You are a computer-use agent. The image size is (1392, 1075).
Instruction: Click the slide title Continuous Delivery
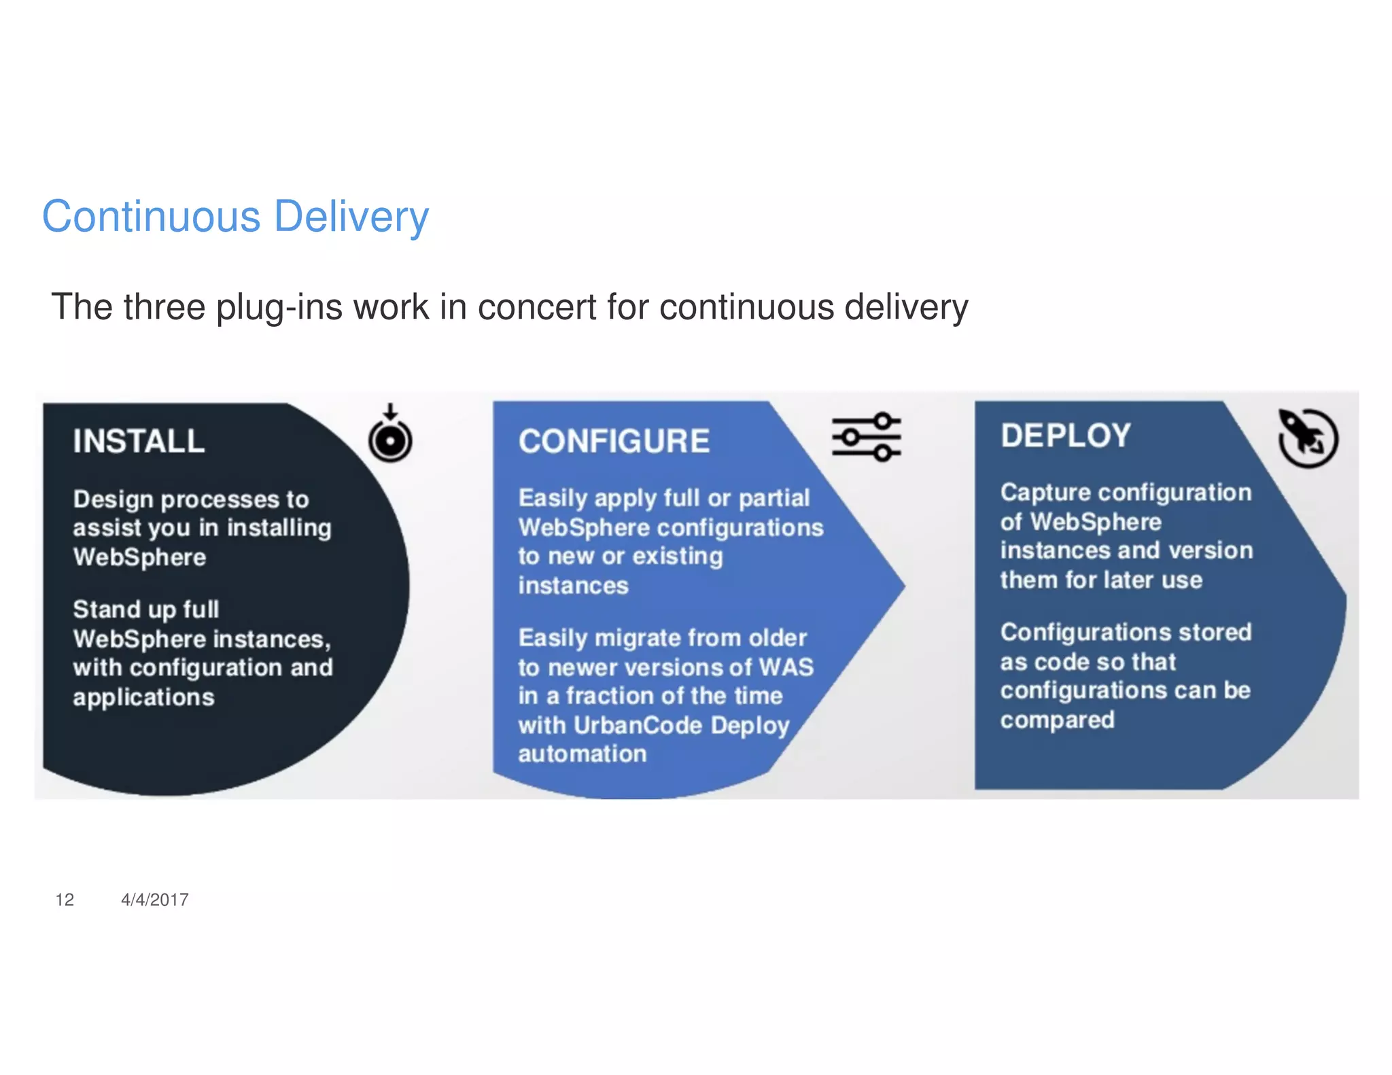(235, 217)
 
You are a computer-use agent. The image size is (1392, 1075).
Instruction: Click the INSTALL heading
(139, 441)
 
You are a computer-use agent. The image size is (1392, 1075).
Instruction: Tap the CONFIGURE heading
(614, 441)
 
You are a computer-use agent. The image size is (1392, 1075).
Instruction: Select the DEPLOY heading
(1065, 436)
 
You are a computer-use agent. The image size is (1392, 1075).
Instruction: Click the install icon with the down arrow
(390, 436)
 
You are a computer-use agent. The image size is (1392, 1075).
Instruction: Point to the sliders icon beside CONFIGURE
(867, 436)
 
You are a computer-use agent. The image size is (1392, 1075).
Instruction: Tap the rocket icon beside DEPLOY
(1308, 438)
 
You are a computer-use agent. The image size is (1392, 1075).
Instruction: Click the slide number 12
(65, 900)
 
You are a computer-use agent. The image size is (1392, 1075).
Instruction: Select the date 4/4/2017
(155, 900)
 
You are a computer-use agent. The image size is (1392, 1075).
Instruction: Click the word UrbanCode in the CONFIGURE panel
(638, 725)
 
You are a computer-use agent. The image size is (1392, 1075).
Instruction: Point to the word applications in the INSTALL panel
(143, 697)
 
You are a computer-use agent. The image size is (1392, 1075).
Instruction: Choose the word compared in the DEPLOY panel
(1057, 720)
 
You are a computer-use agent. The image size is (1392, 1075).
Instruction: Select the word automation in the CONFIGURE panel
(582, 754)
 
